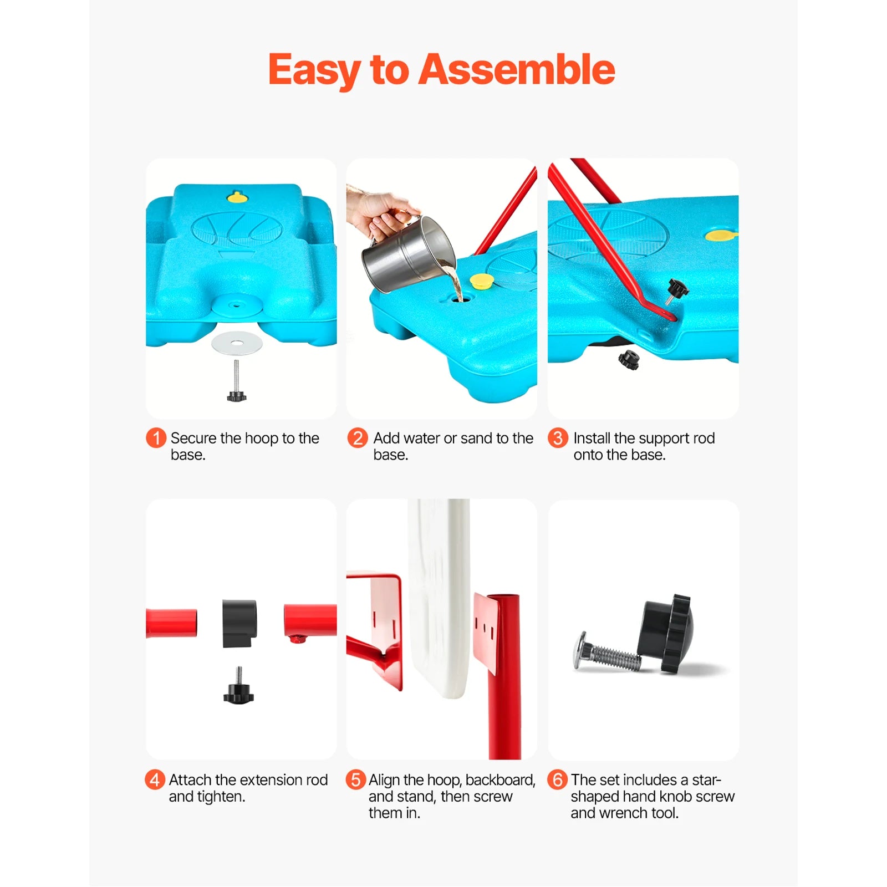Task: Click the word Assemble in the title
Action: tap(516, 70)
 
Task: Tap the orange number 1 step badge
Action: tap(156, 438)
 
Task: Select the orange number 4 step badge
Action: tap(155, 779)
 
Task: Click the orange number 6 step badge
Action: tap(557, 779)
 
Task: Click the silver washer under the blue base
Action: tap(237, 344)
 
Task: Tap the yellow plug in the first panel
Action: tap(237, 197)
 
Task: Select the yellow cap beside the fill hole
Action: tap(481, 281)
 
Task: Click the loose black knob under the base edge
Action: tap(629, 360)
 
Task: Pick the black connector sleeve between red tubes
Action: tap(239, 623)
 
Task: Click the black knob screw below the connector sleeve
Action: tap(238, 690)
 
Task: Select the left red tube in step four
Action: tap(171, 623)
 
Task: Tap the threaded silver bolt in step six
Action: tap(607, 654)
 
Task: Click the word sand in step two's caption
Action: tap(475, 438)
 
